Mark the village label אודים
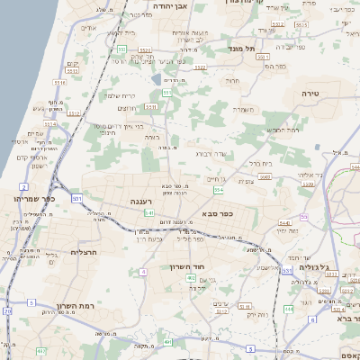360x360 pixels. coord(88,28)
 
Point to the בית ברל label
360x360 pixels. coord(259,164)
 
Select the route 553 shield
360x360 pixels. coord(121,49)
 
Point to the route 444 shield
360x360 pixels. coord(288,309)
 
